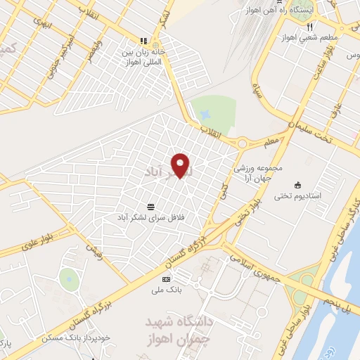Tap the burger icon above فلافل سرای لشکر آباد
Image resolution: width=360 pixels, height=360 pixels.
point(151,207)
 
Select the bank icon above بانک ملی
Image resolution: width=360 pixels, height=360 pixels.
point(166,279)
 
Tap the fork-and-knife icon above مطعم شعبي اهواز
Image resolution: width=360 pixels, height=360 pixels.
point(309,27)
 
